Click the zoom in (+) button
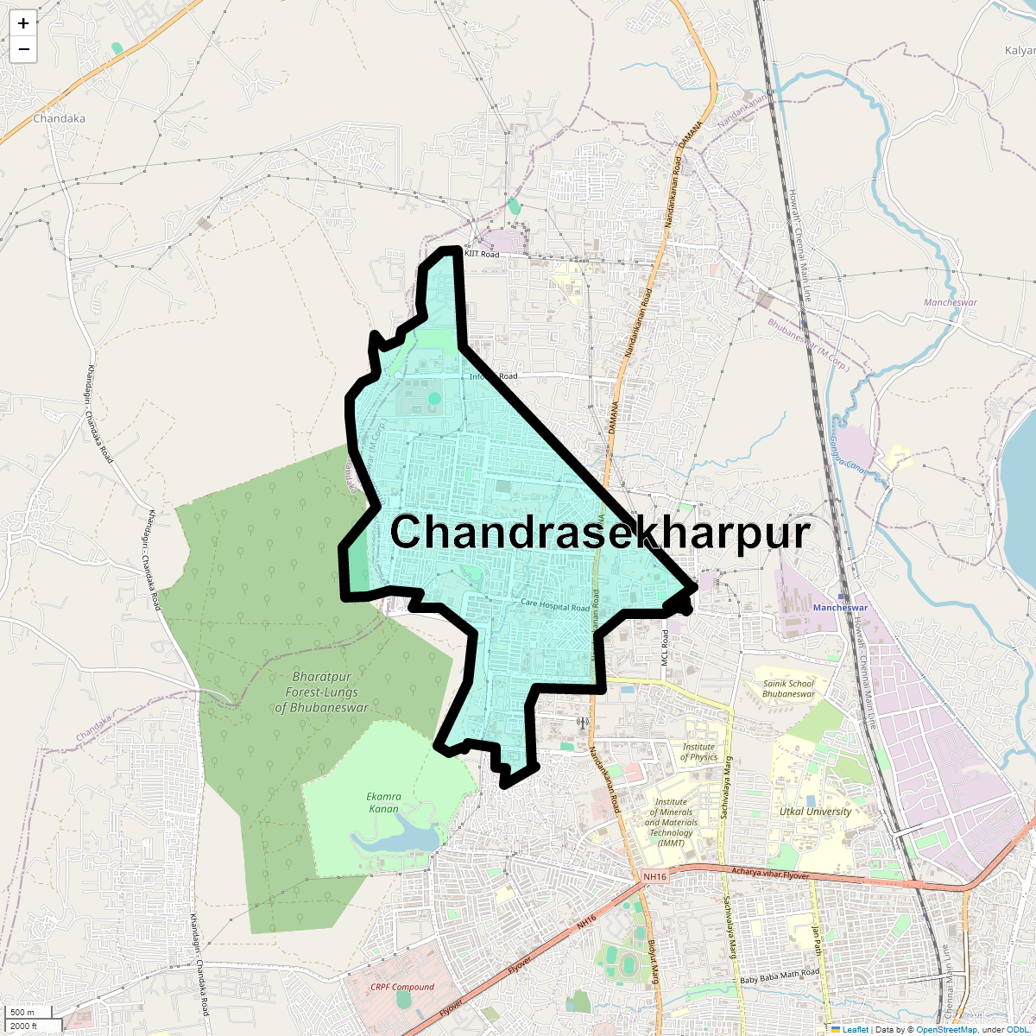(23, 23)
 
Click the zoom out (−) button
(23, 49)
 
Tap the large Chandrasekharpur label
(601, 532)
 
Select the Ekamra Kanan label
(383, 802)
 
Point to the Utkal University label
(815, 812)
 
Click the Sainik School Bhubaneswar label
(788, 688)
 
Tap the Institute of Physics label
(698, 752)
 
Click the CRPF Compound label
(402, 987)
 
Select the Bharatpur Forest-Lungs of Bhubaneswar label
(321, 692)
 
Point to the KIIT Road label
(482, 255)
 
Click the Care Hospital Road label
(555, 606)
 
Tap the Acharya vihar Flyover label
(770, 874)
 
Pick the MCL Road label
(666, 646)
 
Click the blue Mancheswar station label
(840, 608)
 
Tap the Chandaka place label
(59, 118)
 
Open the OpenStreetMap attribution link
(946, 1029)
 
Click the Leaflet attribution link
(855, 1029)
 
